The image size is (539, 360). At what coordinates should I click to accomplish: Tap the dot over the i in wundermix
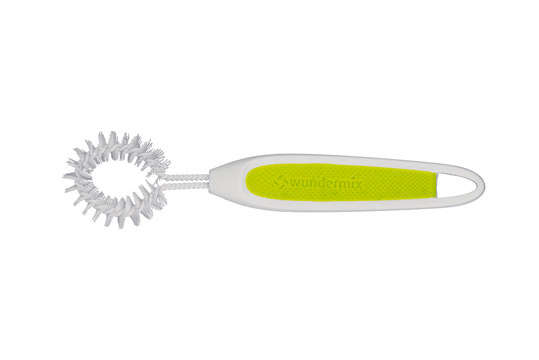(x=351, y=179)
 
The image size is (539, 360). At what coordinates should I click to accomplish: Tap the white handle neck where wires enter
(x=218, y=183)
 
